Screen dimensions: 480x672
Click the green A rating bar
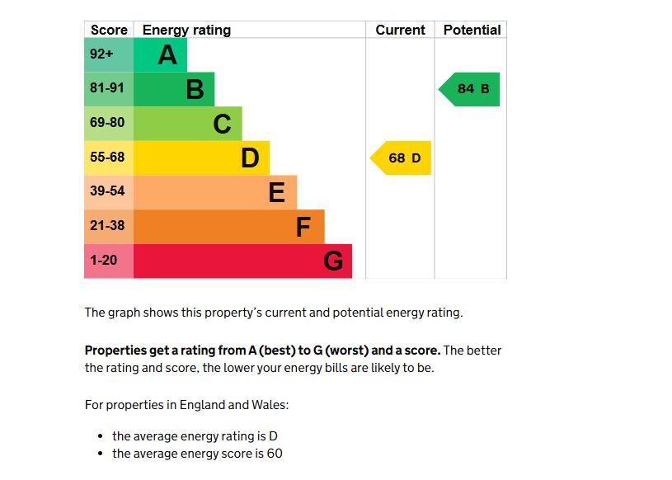161,55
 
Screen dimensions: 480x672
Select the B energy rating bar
174,89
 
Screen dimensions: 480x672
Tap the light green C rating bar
188,124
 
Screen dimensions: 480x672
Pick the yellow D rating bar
201,158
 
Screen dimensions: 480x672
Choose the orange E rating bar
215,192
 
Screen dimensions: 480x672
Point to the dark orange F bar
228,227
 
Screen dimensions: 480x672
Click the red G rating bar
242,261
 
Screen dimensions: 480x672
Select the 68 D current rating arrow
402,158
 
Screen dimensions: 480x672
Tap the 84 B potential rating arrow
470,89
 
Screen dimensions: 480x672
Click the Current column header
400,30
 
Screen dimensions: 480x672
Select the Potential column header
472,30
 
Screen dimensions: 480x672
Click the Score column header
109,30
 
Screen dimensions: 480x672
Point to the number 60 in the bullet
275,454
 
